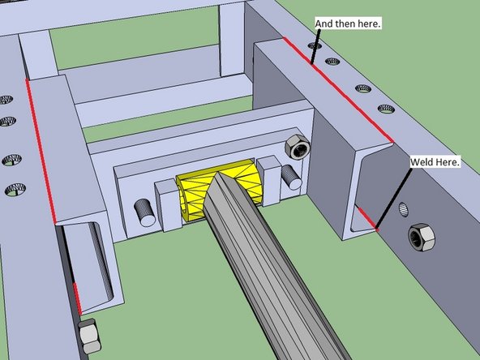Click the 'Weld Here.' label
click(435, 162)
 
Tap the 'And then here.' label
click(348, 24)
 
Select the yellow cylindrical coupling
click(220, 189)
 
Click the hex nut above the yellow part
click(298, 147)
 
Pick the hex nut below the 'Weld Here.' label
click(422, 238)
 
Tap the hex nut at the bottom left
click(89, 336)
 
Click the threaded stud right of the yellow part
click(291, 177)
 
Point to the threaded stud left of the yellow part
click(145, 212)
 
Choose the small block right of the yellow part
click(269, 180)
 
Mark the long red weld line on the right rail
click(338, 89)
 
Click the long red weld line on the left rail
click(41, 151)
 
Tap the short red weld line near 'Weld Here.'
click(367, 219)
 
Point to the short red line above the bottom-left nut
click(77, 298)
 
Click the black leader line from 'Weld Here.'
click(394, 199)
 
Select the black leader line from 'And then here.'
click(315, 46)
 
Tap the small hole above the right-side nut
click(404, 210)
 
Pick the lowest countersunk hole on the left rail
click(15, 190)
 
